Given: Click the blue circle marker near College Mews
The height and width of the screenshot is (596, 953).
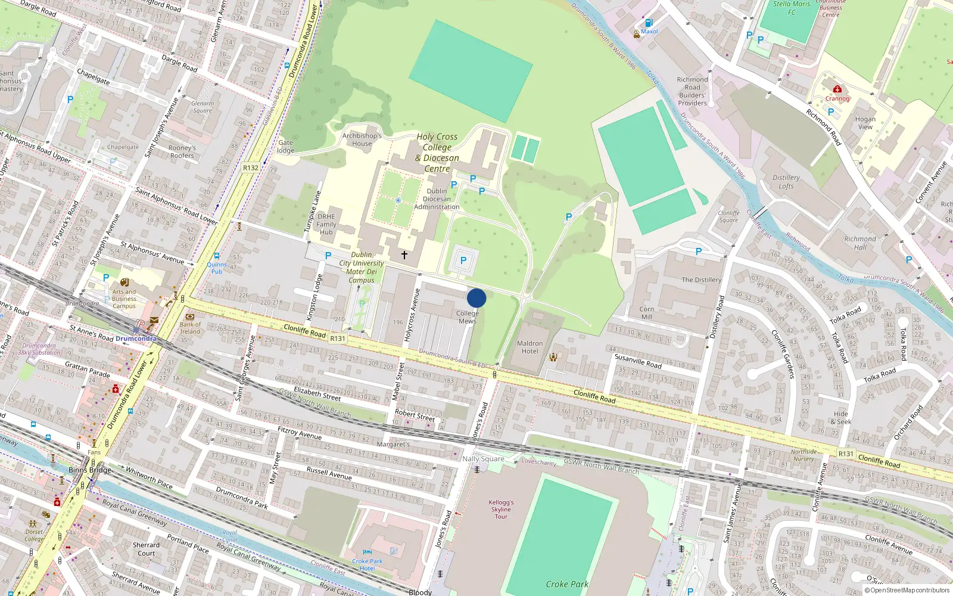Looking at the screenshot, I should [476, 298].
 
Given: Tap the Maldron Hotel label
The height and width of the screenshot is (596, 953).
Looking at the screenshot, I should [530, 347].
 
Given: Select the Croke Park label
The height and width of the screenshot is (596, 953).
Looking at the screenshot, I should [566, 584].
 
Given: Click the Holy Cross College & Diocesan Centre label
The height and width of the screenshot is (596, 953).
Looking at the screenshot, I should [437, 153].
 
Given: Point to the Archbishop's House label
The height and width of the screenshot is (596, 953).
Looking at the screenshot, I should [362, 139].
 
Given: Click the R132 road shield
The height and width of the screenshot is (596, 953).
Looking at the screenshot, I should [251, 168].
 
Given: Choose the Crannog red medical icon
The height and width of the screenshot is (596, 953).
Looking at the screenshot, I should [837, 89].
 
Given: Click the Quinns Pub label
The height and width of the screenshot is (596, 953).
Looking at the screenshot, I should [217, 268].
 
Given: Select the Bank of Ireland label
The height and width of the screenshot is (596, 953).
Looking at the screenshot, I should [190, 328].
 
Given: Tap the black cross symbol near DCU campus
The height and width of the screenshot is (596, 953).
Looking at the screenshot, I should [404, 255].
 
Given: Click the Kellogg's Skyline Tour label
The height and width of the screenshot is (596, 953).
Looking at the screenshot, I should [501, 510].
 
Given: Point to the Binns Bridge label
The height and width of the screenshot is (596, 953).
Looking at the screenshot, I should [90, 470].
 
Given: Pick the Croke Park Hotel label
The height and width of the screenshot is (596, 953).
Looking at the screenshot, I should [368, 564].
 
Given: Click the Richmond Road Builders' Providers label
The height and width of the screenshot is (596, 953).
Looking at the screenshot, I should [692, 91].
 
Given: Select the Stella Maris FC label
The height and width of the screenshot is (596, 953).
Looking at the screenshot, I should [792, 8].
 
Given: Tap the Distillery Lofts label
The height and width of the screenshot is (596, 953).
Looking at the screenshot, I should [786, 182].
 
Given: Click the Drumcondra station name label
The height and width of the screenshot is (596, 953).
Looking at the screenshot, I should [136, 339].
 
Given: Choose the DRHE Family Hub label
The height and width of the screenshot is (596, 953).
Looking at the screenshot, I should [326, 224].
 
